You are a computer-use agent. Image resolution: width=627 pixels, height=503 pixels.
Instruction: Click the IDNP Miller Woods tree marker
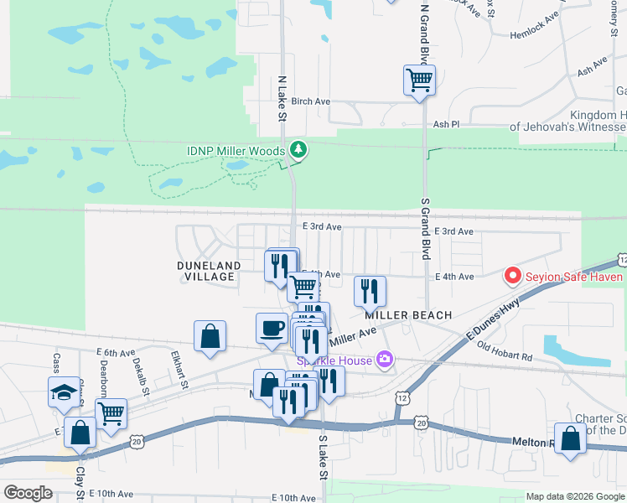click(x=298, y=150)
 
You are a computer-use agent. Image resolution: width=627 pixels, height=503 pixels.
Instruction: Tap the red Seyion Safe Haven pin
click(x=511, y=275)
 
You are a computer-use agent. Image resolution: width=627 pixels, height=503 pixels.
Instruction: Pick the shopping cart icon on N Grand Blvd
click(x=419, y=80)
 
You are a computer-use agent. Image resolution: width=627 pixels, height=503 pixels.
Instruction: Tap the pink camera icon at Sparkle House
click(x=385, y=360)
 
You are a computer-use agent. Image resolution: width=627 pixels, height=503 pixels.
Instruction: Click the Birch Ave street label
click(x=311, y=101)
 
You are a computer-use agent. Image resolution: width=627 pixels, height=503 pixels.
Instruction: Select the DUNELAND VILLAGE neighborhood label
click(x=209, y=271)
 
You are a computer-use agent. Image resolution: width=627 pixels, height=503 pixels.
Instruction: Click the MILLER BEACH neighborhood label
click(x=408, y=315)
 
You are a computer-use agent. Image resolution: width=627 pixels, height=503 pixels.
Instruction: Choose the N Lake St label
click(x=282, y=99)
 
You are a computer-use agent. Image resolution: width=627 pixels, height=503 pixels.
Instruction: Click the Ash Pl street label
click(x=446, y=124)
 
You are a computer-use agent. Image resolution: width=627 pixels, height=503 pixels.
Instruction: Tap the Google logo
click(x=28, y=493)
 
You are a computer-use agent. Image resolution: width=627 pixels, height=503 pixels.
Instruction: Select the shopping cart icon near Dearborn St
click(x=111, y=412)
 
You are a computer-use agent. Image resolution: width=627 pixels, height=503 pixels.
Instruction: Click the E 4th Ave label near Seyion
click(x=454, y=277)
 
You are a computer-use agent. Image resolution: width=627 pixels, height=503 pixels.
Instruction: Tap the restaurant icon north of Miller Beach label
click(x=370, y=291)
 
